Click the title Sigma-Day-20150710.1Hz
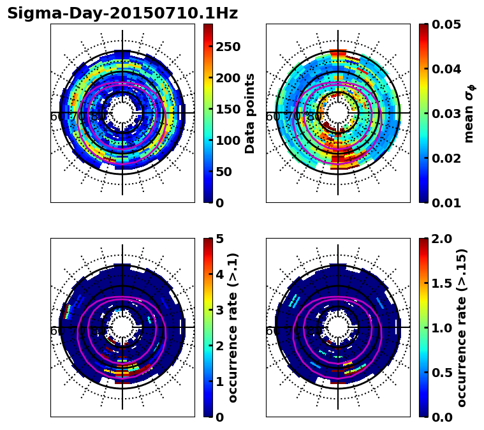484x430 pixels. tap(122, 13)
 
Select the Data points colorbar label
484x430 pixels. tap(250, 113)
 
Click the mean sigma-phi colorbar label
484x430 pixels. tap(469, 114)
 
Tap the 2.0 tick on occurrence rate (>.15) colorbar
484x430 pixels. tap(442, 239)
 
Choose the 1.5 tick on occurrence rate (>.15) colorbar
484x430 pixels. tap(442, 283)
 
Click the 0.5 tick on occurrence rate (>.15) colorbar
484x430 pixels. tap(442, 373)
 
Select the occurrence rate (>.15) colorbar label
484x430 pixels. tap(462, 327)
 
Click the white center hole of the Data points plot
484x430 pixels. tap(122, 113)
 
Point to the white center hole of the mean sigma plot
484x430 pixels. tap(338, 113)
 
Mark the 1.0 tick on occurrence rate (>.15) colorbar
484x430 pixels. tap(442, 328)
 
